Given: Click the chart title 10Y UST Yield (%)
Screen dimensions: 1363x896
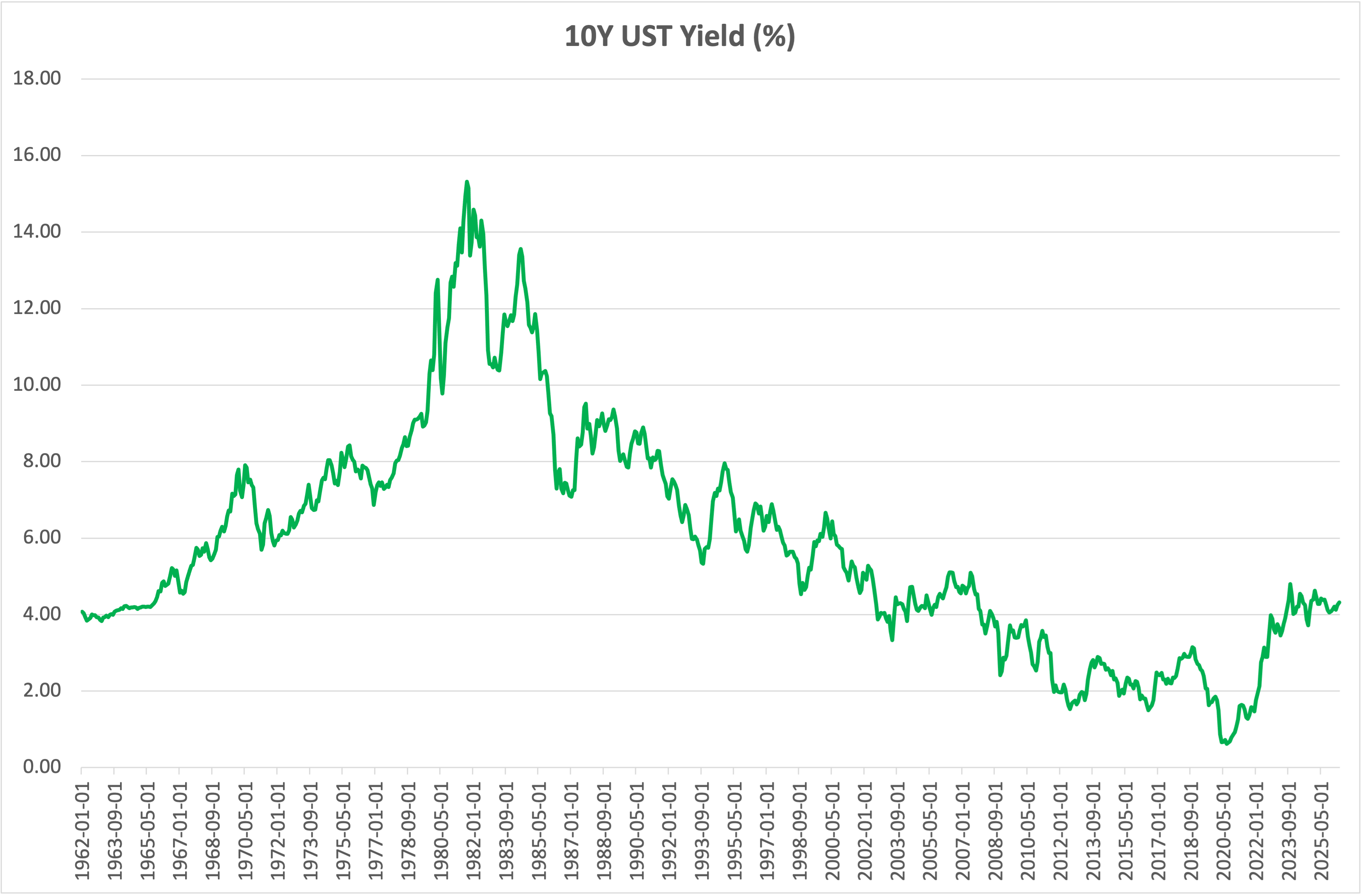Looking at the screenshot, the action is [x=680, y=36].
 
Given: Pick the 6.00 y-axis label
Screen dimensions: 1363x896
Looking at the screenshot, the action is [x=42, y=537].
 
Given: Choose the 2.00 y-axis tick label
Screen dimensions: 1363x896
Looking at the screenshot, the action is [x=42, y=690].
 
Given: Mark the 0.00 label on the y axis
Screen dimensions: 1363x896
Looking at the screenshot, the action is [x=42, y=767].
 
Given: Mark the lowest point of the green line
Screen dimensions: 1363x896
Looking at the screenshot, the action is [x=1227, y=744].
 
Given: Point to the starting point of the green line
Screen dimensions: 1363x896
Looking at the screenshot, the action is [x=82, y=612].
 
